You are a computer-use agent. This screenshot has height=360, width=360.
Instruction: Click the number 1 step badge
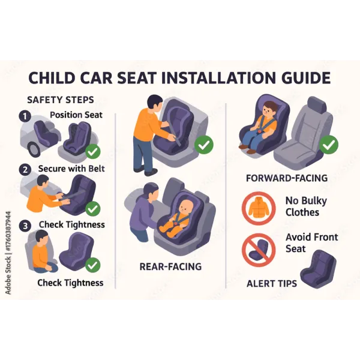(x=25, y=116)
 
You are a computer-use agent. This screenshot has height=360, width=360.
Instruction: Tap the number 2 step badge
(x=25, y=170)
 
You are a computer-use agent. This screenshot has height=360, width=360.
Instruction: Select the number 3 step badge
(x=25, y=226)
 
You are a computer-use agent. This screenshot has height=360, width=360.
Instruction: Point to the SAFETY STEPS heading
(x=61, y=100)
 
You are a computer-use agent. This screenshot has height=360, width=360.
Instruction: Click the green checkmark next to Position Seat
(x=93, y=151)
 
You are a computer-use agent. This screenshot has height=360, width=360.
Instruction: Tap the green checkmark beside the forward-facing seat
(x=329, y=145)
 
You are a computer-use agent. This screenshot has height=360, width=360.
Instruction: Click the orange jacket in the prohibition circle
(x=259, y=208)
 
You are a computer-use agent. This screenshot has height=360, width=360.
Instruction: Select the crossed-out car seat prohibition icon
(x=259, y=250)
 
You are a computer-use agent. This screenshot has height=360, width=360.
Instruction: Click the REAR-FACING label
(x=170, y=266)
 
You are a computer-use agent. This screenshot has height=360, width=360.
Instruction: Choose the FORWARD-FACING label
(x=287, y=178)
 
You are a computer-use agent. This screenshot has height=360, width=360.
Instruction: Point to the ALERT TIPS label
(x=272, y=284)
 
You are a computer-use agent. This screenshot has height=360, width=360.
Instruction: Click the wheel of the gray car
(x=35, y=149)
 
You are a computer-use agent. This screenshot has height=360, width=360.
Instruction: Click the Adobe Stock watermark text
(x=8, y=253)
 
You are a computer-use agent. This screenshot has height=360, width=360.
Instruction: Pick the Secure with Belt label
(x=71, y=169)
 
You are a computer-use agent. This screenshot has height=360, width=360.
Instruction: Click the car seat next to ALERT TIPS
(x=318, y=269)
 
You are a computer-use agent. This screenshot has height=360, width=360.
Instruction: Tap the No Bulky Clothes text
(x=306, y=206)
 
